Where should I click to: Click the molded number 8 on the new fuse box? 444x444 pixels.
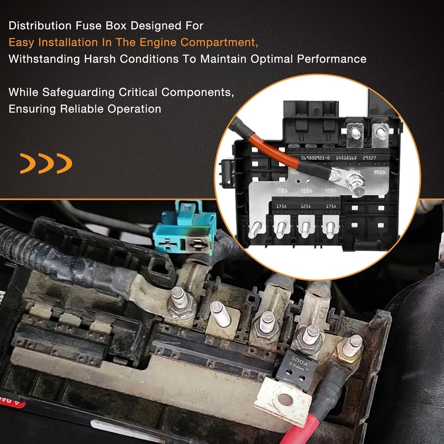coord(329,138)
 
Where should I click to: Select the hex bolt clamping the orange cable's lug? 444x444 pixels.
coord(357,184)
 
